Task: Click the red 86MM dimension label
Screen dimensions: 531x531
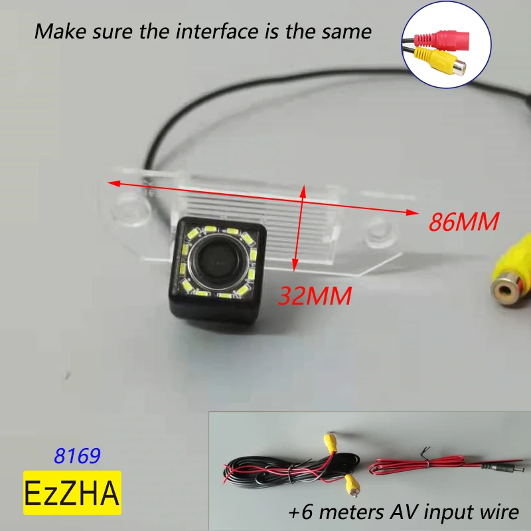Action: click(463, 222)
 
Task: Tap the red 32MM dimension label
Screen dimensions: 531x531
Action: click(315, 295)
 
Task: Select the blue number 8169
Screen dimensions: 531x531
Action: click(77, 456)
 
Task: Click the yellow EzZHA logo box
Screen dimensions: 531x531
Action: click(72, 493)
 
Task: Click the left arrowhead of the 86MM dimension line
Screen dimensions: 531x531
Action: click(112, 181)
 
